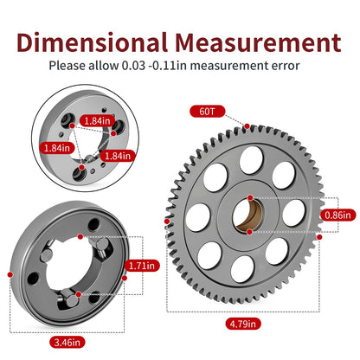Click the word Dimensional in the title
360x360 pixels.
[x=92, y=42]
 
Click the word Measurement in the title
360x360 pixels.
[x=258, y=42]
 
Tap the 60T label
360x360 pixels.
[x=207, y=112]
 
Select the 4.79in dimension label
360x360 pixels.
[x=243, y=324]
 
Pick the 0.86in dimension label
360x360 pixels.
[x=337, y=215]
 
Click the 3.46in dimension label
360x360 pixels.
[x=67, y=343]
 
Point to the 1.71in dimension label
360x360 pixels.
[x=142, y=266]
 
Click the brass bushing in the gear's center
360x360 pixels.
[x=249, y=215]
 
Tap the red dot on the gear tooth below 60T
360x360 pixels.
[x=247, y=126]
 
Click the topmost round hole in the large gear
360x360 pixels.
[x=251, y=160]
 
